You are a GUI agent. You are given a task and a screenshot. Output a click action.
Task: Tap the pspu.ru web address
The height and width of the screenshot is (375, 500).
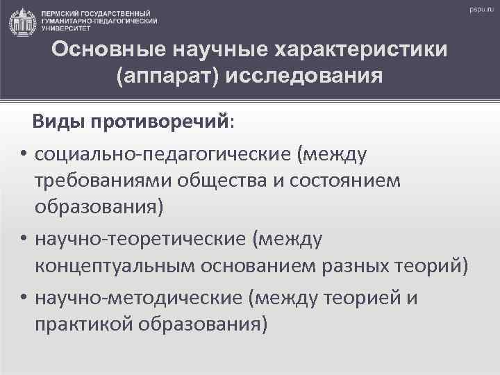pyautogui.click(x=479, y=9)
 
